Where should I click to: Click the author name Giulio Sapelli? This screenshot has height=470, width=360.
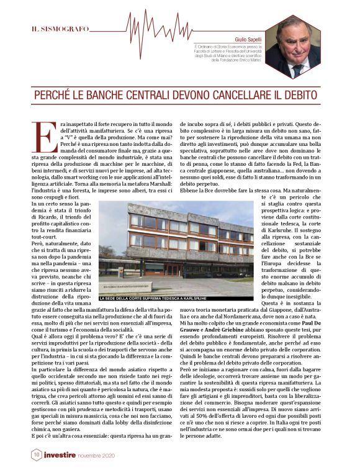(248, 38)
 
